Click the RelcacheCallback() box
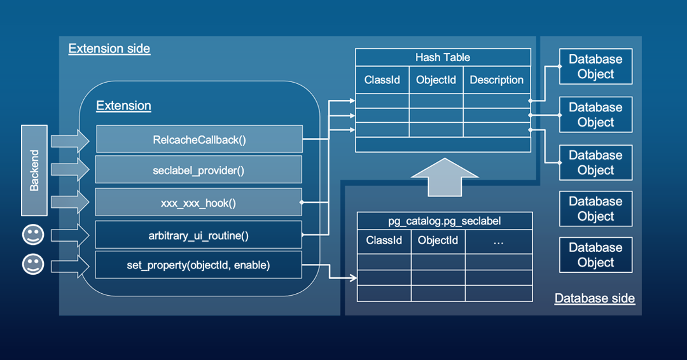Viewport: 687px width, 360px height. click(x=198, y=139)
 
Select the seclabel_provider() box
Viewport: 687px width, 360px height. click(x=198, y=170)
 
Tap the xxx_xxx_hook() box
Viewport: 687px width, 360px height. click(x=198, y=203)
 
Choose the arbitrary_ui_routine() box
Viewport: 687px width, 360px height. click(x=198, y=235)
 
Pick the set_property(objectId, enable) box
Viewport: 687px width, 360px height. click(x=198, y=265)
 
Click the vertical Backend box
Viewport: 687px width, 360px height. click(x=34, y=170)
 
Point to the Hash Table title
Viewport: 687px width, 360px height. click(x=443, y=57)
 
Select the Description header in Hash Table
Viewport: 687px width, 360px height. click(x=496, y=80)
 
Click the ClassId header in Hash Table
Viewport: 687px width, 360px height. click(x=382, y=80)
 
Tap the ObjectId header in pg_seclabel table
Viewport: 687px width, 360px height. click(x=438, y=241)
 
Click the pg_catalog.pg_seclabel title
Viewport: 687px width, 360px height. click(x=445, y=221)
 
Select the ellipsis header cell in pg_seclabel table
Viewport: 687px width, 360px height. click(x=499, y=241)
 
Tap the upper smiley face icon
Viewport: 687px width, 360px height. click(x=33, y=235)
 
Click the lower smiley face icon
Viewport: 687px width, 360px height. click(x=33, y=264)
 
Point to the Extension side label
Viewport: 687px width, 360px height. click(x=109, y=49)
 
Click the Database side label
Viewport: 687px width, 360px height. click(x=594, y=298)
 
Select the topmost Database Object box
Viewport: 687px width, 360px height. click(x=595, y=67)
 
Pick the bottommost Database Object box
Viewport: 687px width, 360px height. click(x=595, y=255)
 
